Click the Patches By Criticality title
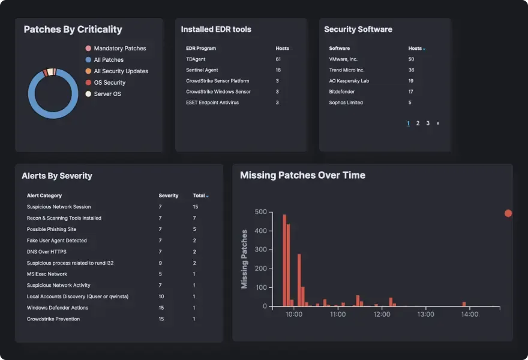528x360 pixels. (73, 29)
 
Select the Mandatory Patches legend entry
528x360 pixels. (119, 49)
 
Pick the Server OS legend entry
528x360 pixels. (107, 94)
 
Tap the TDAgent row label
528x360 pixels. (196, 59)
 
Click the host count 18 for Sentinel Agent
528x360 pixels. (278, 70)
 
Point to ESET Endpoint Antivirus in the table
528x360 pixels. (212, 103)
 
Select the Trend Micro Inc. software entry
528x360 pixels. (347, 70)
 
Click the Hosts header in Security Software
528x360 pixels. (415, 49)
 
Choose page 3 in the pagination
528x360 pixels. (428, 123)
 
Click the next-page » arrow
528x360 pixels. (438, 123)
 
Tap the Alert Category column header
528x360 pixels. (44, 196)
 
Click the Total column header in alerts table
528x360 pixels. (199, 196)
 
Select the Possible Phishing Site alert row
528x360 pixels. (52, 229)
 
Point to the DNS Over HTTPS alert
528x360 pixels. (47, 252)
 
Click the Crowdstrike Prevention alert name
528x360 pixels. (53, 319)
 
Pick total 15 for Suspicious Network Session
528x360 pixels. (196, 207)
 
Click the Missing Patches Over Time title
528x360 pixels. (302, 175)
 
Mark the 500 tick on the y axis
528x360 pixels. (260, 212)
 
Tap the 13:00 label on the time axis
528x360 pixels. (425, 314)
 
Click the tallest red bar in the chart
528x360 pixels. (284, 260)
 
